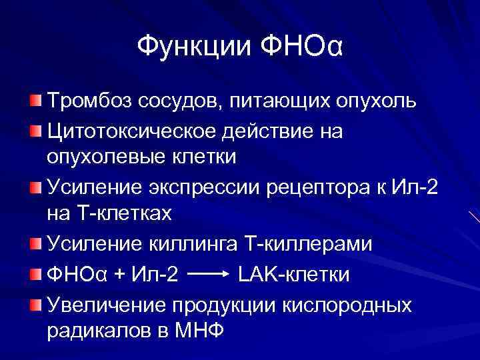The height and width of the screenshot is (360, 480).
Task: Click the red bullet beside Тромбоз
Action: pos(35,101)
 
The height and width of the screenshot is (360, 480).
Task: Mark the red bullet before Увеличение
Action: pos(35,303)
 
